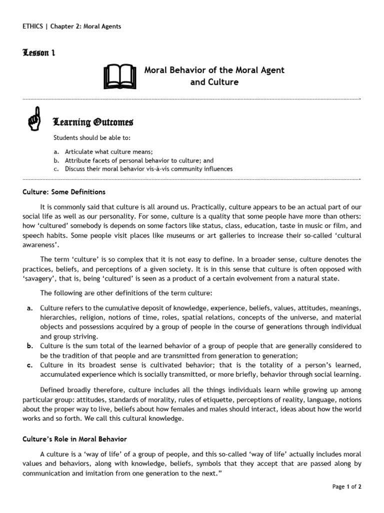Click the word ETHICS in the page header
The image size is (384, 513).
(33, 27)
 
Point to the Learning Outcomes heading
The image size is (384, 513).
(93, 123)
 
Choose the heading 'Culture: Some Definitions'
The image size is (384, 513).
(64, 192)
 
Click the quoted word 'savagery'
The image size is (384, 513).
(42, 279)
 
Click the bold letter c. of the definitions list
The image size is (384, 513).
(29, 365)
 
